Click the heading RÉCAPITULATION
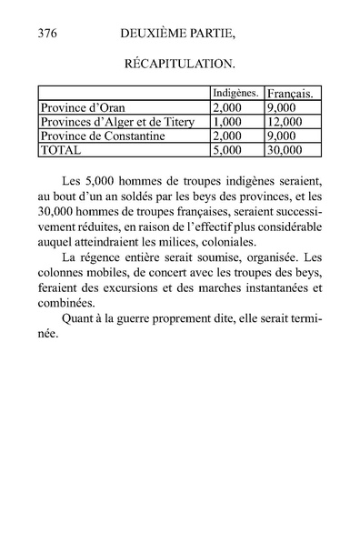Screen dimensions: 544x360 point(179,65)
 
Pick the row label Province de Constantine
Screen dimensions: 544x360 point(101,135)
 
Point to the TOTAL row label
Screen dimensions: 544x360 point(62,148)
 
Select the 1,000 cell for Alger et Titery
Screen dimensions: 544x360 point(228,121)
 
